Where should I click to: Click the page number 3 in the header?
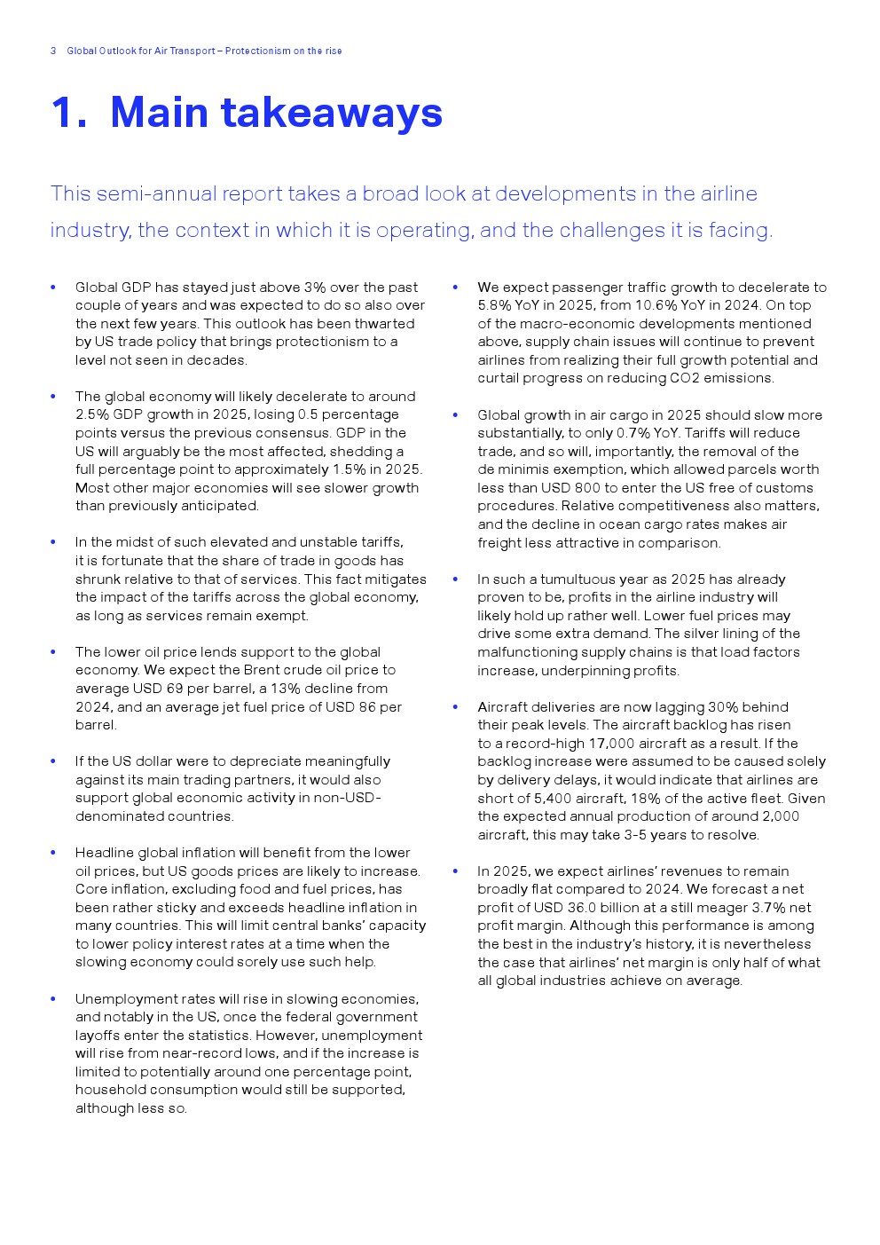click(53, 51)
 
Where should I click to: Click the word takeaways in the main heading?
click(332, 113)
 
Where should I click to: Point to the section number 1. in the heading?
click(69, 113)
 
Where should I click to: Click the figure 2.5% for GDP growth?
click(91, 414)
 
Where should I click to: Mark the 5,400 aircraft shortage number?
click(553, 799)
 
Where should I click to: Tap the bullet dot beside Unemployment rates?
click(53, 999)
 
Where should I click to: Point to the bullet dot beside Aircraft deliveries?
click(455, 707)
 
